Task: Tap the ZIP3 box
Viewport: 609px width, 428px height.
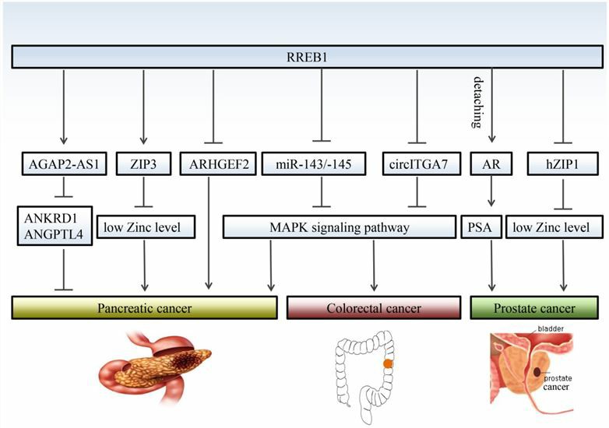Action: coord(143,165)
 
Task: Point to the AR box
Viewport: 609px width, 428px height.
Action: coord(491,165)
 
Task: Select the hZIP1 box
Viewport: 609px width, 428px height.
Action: coord(561,165)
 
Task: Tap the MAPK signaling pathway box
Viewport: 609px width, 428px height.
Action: coord(339,226)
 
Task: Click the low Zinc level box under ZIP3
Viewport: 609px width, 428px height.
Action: coord(145,226)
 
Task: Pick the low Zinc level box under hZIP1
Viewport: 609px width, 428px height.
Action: coord(554,226)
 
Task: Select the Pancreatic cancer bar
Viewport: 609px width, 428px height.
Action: coord(145,307)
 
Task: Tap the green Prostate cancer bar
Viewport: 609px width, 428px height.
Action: coord(534,307)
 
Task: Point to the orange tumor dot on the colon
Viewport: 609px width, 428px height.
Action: coord(387,363)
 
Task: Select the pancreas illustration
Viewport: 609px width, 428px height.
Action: coord(156,366)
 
